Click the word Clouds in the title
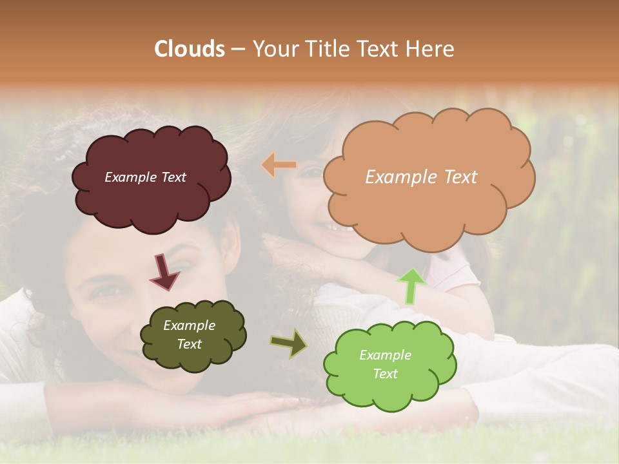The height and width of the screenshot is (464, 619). tap(190, 49)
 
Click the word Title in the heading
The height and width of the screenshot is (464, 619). tap(328, 49)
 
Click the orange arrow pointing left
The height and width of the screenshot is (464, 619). tap(279, 165)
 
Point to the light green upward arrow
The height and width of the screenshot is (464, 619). tap(411, 285)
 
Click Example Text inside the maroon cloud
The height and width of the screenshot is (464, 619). tap(145, 177)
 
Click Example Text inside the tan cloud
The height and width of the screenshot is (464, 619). tap(421, 177)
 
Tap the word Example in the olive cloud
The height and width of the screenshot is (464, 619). tap(189, 325)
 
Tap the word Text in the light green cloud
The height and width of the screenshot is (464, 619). tap(386, 374)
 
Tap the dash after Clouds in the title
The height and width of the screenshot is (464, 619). tap(238, 50)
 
